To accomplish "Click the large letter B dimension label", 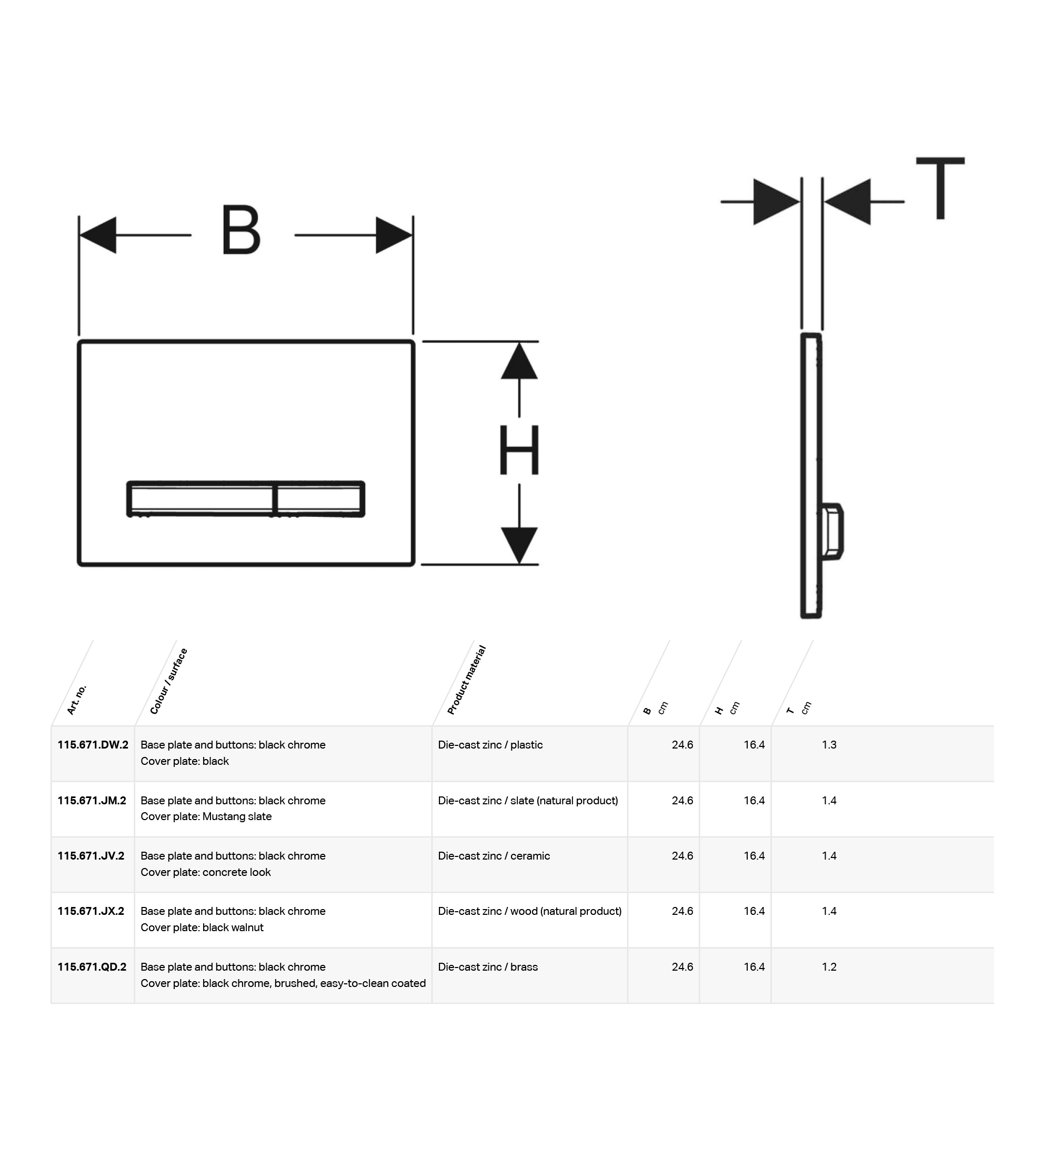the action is point(241,230).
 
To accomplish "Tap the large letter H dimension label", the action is point(519,450).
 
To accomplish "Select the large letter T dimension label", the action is point(940,188).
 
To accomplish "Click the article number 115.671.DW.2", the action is point(93,744).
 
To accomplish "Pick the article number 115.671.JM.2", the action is point(92,800).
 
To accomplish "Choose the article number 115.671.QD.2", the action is point(92,966).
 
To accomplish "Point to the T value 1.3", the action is point(829,744).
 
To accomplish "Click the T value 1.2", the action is point(829,966).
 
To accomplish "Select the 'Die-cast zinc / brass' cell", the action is point(488,966).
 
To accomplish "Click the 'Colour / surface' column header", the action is point(168,681).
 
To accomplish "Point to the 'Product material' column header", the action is point(466,680).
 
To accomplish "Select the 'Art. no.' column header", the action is point(76,700).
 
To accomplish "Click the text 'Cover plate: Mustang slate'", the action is point(206,816).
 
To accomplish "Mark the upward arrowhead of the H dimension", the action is point(519,361).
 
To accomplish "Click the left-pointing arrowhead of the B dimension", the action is point(97,235).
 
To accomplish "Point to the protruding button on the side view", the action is point(832,532).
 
